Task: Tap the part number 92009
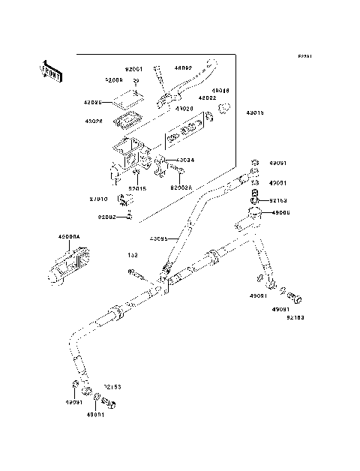pos(114,79)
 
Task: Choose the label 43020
pos(184,108)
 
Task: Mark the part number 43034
pos(185,160)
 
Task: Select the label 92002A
pos(182,188)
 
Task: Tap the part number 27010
pos(100,199)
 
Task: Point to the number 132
pos(133,256)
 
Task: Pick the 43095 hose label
pos(158,239)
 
